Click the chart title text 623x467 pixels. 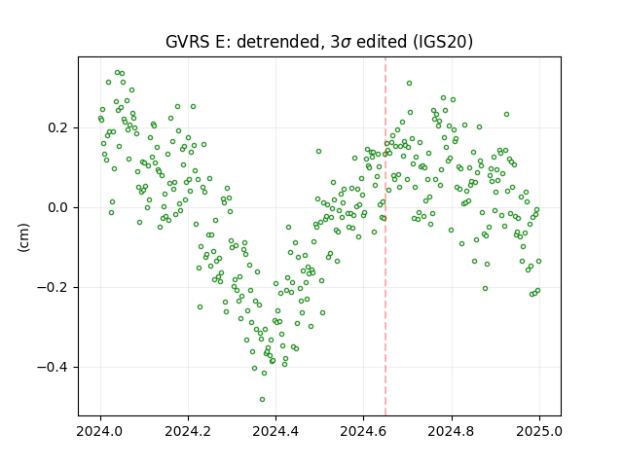pyautogui.click(x=319, y=42)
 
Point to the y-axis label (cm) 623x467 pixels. pyautogui.click(x=23, y=237)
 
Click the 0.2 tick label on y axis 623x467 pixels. pyautogui.click(x=59, y=127)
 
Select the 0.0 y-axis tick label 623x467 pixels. pyautogui.click(x=59, y=207)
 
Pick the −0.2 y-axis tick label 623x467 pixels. pyautogui.click(x=55, y=288)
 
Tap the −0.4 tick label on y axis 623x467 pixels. pyautogui.click(x=55, y=368)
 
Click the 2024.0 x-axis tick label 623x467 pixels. pyautogui.click(x=100, y=431)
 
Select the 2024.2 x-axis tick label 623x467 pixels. pyautogui.click(x=188, y=431)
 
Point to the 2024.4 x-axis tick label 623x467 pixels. pyautogui.click(x=275, y=431)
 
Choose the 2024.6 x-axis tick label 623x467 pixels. pyautogui.click(x=363, y=431)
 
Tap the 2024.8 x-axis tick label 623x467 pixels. pyautogui.click(x=452, y=431)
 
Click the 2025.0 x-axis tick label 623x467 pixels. pyautogui.click(x=539, y=431)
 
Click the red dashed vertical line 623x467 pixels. pyautogui.click(x=385, y=236)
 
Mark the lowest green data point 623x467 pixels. pyautogui.click(x=262, y=400)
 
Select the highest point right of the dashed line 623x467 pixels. pyautogui.click(x=409, y=84)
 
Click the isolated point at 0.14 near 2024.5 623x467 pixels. pyautogui.click(x=318, y=152)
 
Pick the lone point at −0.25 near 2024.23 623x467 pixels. pyautogui.click(x=200, y=307)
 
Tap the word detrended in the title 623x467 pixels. pyautogui.click(x=278, y=42)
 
